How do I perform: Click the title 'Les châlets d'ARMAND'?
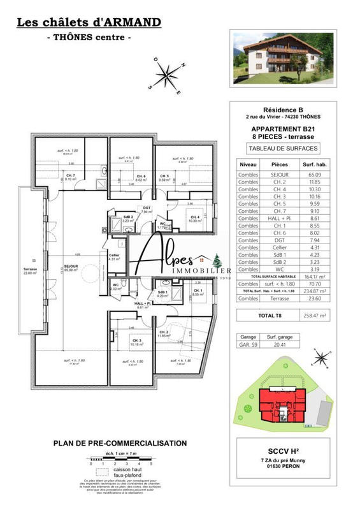click(x=89, y=23)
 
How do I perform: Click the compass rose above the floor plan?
click(x=168, y=75)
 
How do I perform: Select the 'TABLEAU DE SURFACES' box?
click(x=282, y=149)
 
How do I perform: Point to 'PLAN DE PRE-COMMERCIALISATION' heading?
click(x=120, y=443)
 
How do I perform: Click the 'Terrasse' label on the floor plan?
click(x=29, y=270)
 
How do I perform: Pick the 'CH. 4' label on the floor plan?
click(x=195, y=217)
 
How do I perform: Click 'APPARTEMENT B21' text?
click(x=282, y=128)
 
